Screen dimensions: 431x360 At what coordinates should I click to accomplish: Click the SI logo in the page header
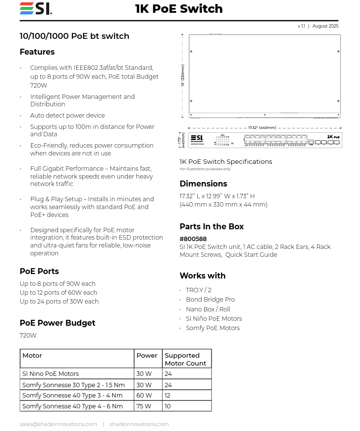(x=35, y=9)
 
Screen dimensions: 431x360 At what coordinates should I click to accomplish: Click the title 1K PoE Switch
(x=179, y=9)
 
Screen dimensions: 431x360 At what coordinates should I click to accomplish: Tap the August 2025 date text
(x=325, y=26)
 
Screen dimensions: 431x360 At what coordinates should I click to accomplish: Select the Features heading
(x=37, y=52)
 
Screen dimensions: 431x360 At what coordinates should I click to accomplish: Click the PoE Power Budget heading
(x=57, y=323)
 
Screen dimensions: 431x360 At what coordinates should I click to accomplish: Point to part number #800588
(x=193, y=239)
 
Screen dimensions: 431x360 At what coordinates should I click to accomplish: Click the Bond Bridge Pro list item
(x=210, y=300)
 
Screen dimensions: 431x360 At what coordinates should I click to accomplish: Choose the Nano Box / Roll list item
(x=208, y=309)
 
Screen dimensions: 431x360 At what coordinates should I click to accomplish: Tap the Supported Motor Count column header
(x=185, y=359)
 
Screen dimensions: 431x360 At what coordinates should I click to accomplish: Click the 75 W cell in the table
(x=144, y=406)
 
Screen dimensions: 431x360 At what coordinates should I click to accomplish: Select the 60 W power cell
(x=144, y=396)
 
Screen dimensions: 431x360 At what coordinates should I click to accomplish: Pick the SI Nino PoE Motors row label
(x=50, y=374)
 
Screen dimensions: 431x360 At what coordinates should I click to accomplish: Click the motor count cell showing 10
(x=168, y=406)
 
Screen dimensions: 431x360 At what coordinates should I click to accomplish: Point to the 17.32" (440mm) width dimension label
(x=262, y=127)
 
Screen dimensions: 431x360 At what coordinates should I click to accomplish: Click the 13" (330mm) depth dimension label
(x=182, y=75)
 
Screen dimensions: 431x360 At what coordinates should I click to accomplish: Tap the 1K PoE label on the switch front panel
(x=333, y=137)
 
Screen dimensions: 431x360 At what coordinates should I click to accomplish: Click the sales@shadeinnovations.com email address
(x=58, y=424)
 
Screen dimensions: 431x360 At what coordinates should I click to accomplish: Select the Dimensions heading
(x=203, y=184)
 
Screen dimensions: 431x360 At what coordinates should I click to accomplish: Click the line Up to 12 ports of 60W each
(x=58, y=293)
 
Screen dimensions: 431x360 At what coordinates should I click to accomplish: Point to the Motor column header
(x=32, y=356)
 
